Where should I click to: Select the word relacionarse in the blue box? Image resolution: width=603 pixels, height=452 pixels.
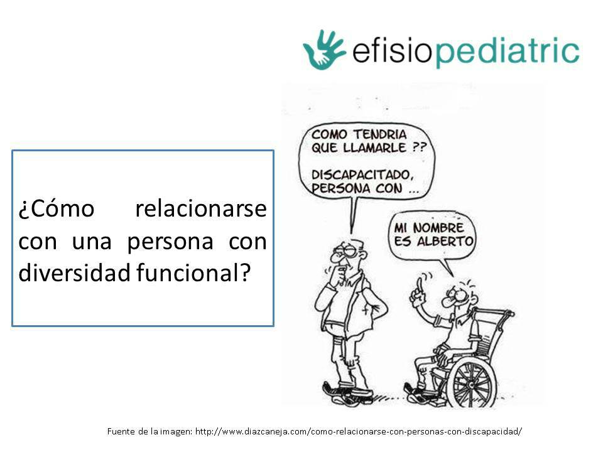[200, 209]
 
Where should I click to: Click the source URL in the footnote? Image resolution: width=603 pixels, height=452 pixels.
[359, 431]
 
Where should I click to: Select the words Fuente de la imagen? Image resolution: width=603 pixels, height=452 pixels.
[149, 431]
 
